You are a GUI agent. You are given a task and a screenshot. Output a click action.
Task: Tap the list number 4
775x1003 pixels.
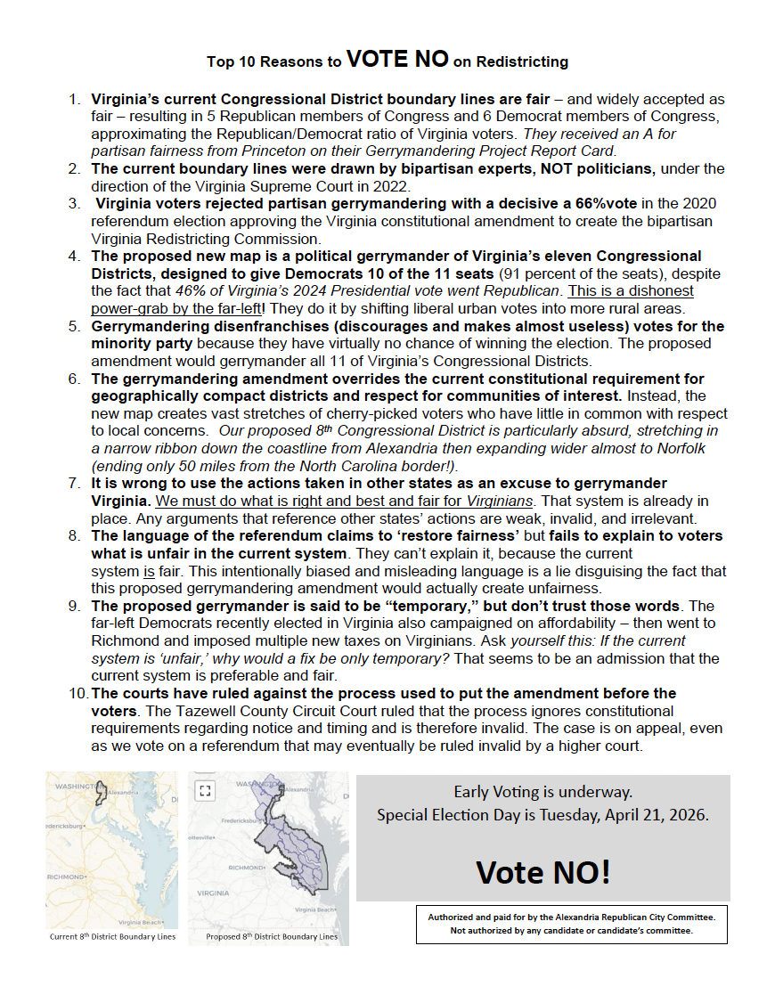pyautogui.click(x=75, y=257)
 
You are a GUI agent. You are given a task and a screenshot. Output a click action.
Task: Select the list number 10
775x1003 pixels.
pyautogui.click(x=77, y=693)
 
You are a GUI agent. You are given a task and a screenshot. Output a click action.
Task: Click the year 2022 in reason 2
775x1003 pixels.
pyautogui.click(x=394, y=186)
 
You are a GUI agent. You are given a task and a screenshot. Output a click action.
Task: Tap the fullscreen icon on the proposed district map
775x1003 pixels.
pyautogui.click(x=206, y=790)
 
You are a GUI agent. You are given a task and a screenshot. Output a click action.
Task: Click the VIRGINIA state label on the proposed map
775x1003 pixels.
pyautogui.click(x=213, y=892)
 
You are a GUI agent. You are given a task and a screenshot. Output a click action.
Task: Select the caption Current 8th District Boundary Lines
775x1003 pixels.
pyautogui.click(x=113, y=937)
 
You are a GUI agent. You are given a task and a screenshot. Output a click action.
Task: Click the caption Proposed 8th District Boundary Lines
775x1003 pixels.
pyautogui.click(x=272, y=937)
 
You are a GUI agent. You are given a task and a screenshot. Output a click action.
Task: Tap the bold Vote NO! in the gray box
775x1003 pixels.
pyautogui.click(x=543, y=871)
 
